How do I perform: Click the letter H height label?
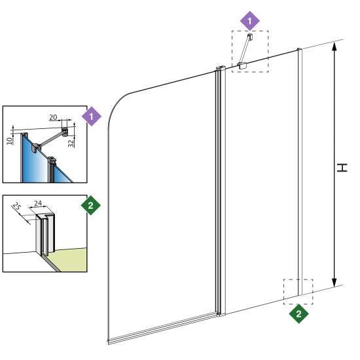(x=342, y=168)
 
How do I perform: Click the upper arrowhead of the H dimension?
(x=334, y=47)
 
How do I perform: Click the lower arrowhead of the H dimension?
(x=334, y=282)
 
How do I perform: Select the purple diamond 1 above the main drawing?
(x=250, y=21)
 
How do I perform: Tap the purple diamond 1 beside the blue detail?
(x=92, y=116)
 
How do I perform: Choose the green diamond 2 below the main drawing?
(x=298, y=314)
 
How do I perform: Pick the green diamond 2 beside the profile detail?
(x=91, y=206)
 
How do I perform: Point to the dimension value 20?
(x=53, y=117)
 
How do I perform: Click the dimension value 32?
(x=71, y=143)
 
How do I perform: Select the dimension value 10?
(x=9, y=141)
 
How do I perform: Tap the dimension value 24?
(x=38, y=203)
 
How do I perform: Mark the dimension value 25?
(x=16, y=206)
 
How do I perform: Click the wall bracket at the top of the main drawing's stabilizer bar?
(x=250, y=36)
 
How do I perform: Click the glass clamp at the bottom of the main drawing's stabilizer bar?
(x=242, y=65)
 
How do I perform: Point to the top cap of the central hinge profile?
(x=221, y=68)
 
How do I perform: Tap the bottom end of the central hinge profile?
(x=221, y=314)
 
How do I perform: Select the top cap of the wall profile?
(x=299, y=49)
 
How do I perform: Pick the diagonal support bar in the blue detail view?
(x=51, y=139)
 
